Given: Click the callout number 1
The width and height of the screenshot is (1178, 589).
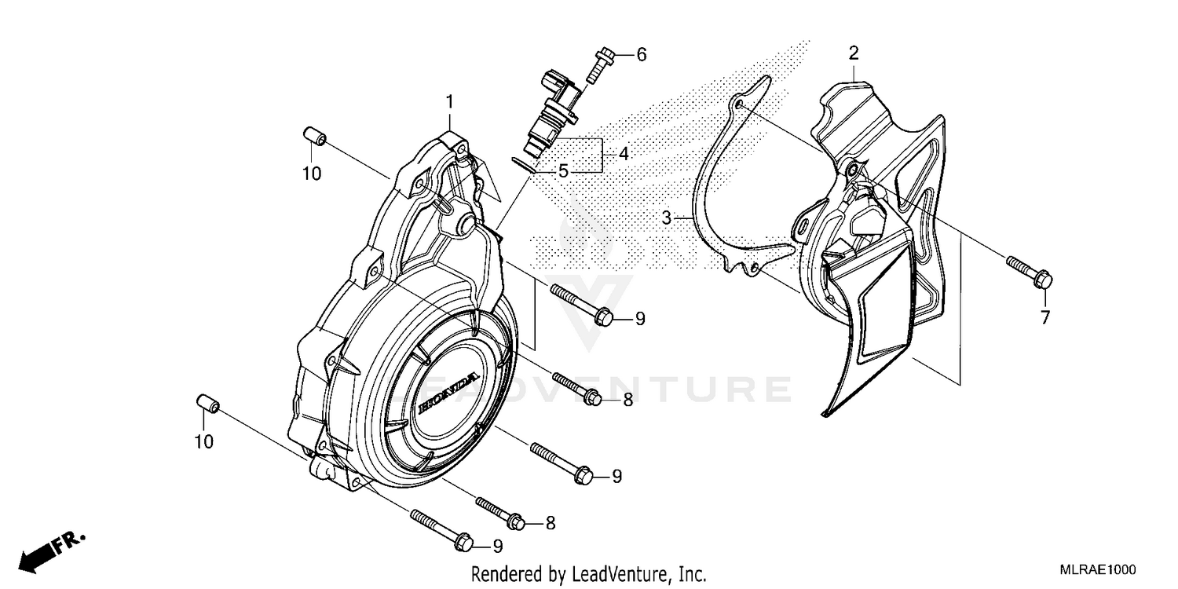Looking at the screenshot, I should tap(450, 101).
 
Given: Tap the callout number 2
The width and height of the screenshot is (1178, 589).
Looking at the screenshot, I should tap(853, 53).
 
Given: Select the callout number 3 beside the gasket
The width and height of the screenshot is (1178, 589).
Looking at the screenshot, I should tap(666, 218).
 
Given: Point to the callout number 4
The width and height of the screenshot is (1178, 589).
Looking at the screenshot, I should tap(623, 154).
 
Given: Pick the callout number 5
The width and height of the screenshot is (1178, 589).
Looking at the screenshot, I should tap(562, 170).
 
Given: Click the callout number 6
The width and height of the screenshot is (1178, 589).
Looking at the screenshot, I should tap(641, 54).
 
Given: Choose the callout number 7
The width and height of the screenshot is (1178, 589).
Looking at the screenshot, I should tap(1044, 317).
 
